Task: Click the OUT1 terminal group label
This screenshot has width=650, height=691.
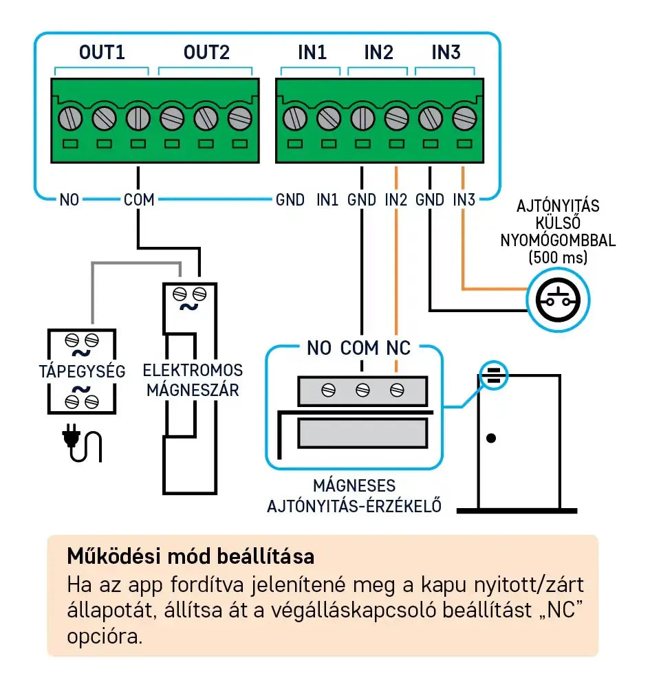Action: pyautogui.click(x=102, y=52)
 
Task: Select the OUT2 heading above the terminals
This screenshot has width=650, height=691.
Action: pyautogui.click(x=206, y=52)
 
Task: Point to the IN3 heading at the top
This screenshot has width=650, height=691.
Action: pyautogui.click(x=446, y=52)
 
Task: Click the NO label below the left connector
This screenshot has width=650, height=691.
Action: pyautogui.click(x=69, y=200)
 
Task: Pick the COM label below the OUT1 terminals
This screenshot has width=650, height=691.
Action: pyautogui.click(x=139, y=200)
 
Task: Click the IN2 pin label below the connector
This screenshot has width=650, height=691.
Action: pyautogui.click(x=396, y=200)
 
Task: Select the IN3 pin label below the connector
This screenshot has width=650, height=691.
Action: pyautogui.click(x=464, y=200)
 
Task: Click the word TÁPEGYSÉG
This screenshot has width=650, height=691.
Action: pyautogui.click(x=83, y=372)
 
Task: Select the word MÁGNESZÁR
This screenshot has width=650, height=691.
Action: pyautogui.click(x=193, y=390)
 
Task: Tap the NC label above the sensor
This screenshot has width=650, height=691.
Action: pyautogui.click(x=398, y=347)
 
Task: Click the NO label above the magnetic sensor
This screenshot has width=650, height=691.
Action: pyautogui.click(x=319, y=347)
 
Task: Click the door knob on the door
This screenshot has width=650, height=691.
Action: pyautogui.click(x=491, y=437)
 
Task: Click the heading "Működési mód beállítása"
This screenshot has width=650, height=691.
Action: pyautogui.click(x=191, y=556)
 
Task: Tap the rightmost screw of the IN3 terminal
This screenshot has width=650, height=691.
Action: pyautogui.click(x=464, y=118)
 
